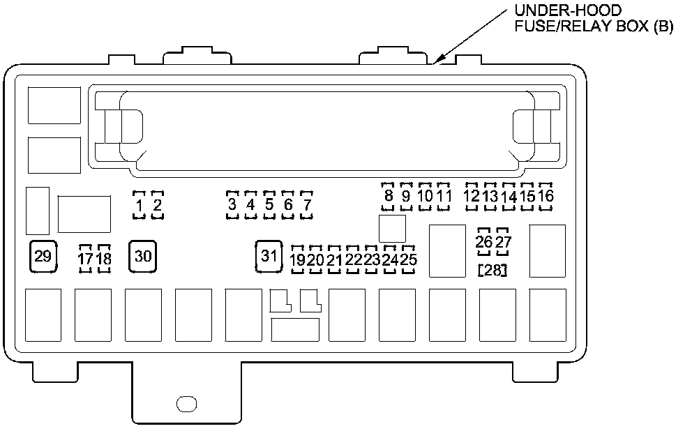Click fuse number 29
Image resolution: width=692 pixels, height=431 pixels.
click(x=43, y=256)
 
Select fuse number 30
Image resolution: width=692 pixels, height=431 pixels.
click(x=143, y=256)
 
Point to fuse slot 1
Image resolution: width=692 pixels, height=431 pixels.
click(x=140, y=205)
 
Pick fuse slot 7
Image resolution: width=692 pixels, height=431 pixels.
click(x=306, y=205)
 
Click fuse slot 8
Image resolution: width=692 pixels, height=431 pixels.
click(x=389, y=196)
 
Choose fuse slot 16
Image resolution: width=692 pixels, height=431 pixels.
click(x=546, y=196)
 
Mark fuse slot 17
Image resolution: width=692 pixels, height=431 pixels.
click(x=85, y=259)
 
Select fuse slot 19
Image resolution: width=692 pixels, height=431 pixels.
click(x=298, y=259)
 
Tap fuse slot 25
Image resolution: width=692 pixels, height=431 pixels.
click(x=409, y=259)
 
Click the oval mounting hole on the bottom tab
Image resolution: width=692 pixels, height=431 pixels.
click(x=187, y=403)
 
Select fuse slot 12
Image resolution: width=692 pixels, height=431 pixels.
click(x=472, y=196)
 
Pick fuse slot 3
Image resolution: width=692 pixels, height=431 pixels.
click(x=232, y=205)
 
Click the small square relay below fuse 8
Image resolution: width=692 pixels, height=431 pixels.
click(x=391, y=227)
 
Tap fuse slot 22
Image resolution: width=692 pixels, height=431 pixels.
click(x=353, y=259)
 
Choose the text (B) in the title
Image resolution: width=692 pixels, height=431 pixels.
click(x=663, y=29)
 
